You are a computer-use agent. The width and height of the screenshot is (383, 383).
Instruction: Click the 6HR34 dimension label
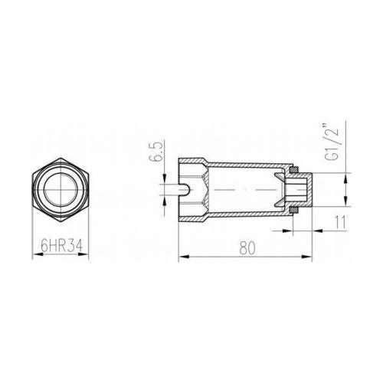click(x=62, y=246)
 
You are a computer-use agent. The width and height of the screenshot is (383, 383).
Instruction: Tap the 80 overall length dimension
click(x=247, y=248)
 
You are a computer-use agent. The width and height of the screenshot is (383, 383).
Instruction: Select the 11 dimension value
click(x=340, y=222)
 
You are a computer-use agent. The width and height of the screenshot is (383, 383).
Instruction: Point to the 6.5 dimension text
click(x=155, y=152)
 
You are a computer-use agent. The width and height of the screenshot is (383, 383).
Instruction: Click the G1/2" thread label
click(x=332, y=142)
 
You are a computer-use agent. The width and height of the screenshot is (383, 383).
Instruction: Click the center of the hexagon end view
click(x=61, y=190)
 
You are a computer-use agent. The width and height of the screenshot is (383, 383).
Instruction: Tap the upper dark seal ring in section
click(x=294, y=170)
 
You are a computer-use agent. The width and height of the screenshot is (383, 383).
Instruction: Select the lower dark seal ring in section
click(x=294, y=210)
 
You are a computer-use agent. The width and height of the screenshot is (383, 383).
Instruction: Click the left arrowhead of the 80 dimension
click(x=184, y=257)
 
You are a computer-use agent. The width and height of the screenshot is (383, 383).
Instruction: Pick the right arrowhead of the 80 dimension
click(x=307, y=257)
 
